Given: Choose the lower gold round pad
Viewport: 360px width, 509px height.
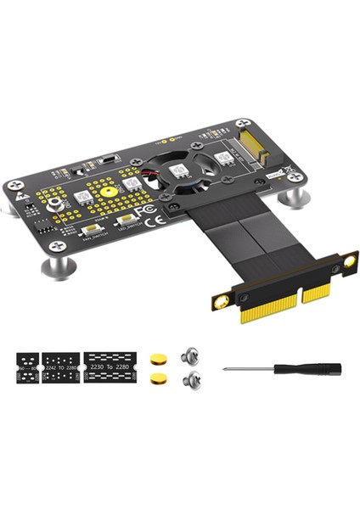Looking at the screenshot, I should (x=157, y=377).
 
